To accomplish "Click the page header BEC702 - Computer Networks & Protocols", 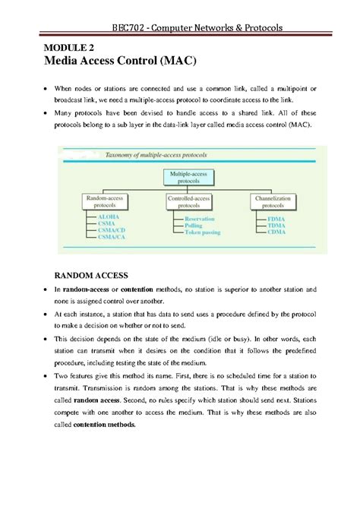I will [x=197, y=28].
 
